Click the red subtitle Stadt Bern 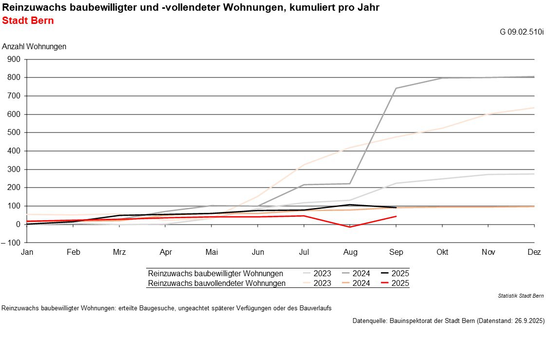tap(28, 21)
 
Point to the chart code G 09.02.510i tap(522, 32)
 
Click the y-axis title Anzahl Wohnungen tap(34, 47)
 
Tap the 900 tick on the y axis tap(14, 59)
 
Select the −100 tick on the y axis tap(12, 243)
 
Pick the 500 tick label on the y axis tap(14, 133)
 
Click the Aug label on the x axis tap(350, 252)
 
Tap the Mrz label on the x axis tap(119, 252)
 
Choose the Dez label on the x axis tap(534, 252)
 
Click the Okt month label tap(442, 252)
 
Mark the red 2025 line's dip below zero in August tap(350, 227)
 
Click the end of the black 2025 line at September tap(396, 208)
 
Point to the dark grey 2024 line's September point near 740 tap(396, 88)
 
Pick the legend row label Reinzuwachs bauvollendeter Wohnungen tap(216, 284)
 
